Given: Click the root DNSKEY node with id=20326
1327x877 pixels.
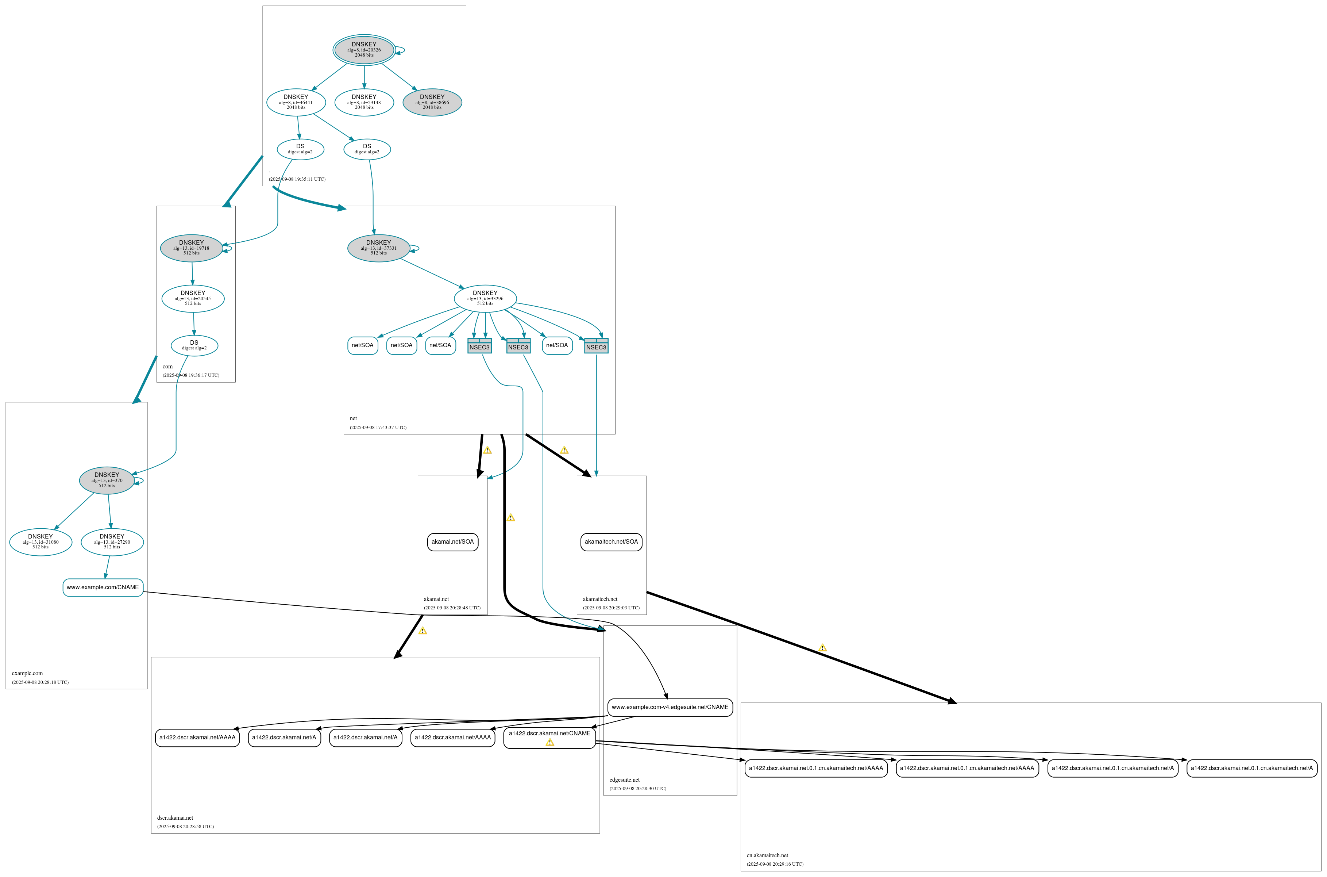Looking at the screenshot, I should (364, 50).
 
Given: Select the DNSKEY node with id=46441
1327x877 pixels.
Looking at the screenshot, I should (296, 102).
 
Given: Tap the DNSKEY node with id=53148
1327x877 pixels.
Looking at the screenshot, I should (364, 102).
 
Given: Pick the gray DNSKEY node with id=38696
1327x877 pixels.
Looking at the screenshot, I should (432, 102).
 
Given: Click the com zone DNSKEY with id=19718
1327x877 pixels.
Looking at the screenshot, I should (191, 248).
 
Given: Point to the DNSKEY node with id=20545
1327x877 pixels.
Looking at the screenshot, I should (193, 299).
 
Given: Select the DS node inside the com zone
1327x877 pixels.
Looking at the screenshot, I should (194, 345).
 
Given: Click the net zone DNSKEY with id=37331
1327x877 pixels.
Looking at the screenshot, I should (378, 248).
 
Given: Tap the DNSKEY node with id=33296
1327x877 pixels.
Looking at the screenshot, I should (485, 299).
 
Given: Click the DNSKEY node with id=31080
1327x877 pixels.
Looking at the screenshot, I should (40, 542).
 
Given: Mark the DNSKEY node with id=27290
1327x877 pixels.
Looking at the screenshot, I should (112, 542).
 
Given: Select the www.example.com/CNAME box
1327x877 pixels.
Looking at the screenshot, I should (103, 587).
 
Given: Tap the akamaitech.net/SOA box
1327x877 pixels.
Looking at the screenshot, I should (611, 542).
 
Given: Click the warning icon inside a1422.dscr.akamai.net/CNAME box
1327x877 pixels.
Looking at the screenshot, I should (549, 742).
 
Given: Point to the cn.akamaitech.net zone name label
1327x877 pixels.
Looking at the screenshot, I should (767, 855).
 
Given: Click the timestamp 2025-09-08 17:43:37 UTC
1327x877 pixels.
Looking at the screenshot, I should (378, 427).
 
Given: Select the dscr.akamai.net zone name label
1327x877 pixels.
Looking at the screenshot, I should (175, 818).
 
